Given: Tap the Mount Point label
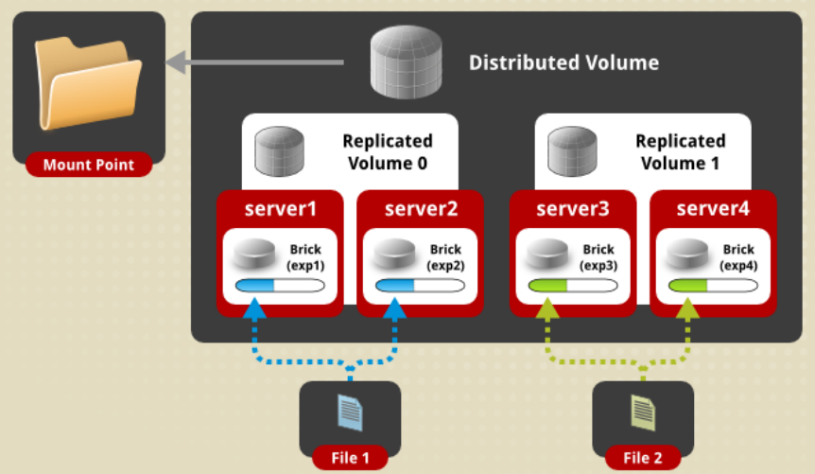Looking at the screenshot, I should (88, 166).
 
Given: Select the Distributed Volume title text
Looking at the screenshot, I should (564, 63).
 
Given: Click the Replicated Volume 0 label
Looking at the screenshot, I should (387, 151).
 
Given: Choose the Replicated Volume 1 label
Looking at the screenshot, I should (680, 151).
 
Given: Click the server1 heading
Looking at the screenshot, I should (280, 208).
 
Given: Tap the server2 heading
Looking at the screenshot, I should (420, 208).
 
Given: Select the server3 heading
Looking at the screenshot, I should (573, 208).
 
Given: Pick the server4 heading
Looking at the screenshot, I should (713, 208).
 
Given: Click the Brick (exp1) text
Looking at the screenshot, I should (305, 257).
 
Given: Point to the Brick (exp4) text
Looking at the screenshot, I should (738, 257).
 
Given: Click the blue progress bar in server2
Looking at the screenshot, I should (419, 285).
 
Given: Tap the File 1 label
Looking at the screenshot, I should (350, 459).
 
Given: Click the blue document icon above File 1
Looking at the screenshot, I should (350, 413).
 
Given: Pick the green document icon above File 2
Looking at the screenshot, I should (643, 413).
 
